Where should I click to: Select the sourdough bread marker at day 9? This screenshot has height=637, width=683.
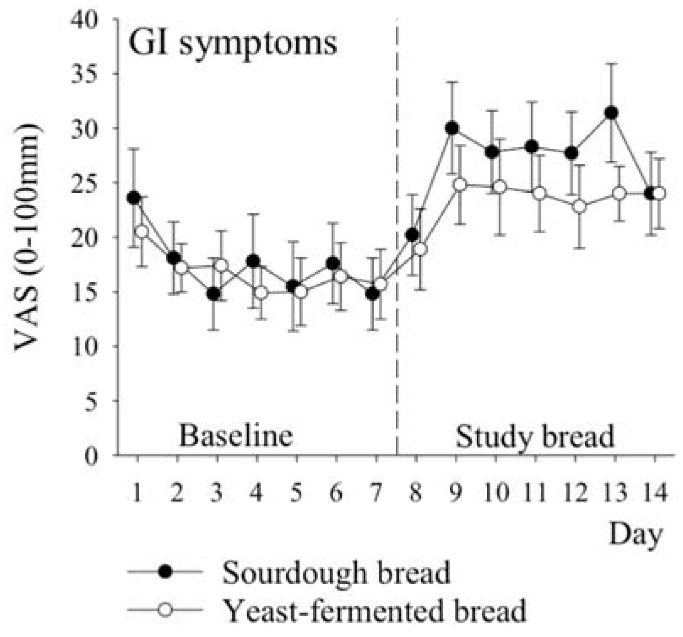[451, 128]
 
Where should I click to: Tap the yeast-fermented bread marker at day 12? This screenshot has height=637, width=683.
[580, 207]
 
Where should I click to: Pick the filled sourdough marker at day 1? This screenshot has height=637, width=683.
[134, 197]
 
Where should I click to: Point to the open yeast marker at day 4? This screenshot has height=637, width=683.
[262, 292]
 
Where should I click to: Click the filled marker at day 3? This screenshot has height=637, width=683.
[213, 294]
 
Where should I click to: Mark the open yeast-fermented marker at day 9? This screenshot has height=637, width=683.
[460, 184]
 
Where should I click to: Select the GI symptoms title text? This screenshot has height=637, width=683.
[232, 43]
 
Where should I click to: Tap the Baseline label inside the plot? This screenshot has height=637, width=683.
[236, 436]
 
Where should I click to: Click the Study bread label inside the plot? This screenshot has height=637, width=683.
[535, 437]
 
